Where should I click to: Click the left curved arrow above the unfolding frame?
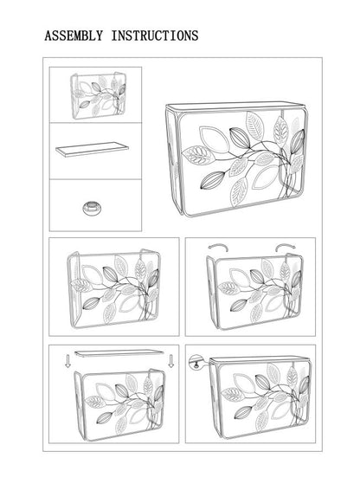[216, 246]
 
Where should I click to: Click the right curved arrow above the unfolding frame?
[283, 246]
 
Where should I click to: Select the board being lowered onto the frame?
[118, 352]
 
